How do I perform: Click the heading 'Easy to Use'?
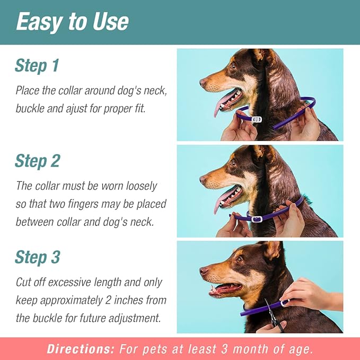coord(72,22)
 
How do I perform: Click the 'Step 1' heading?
coord(37,66)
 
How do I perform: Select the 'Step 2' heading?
coord(37,161)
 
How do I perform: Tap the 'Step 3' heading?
coord(37,257)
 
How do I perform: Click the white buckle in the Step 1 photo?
coord(257,119)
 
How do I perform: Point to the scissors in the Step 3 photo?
coord(274,316)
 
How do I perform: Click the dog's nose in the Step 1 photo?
coord(203,83)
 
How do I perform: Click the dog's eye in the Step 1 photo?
coord(234,66)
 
